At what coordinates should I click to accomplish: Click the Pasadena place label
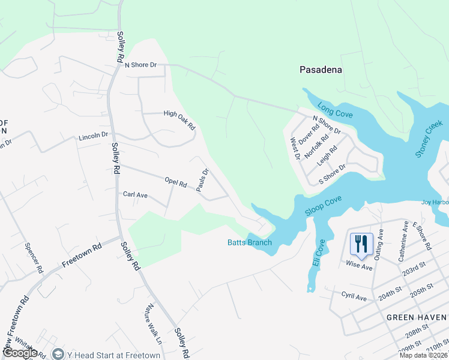click(321, 70)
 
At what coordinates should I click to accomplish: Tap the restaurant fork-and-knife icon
click(361, 244)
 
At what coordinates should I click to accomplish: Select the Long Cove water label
click(335, 110)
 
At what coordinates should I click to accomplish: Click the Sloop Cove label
click(322, 204)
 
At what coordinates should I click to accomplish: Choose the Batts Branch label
click(249, 242)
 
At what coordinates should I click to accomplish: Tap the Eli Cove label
click(318, 253)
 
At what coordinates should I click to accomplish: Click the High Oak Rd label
click(179, 119)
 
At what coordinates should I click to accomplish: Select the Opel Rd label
click(176, 182)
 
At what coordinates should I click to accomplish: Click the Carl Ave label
click(135, 194)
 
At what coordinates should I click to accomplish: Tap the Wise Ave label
click(359, 265)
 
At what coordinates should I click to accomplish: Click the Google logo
click(20, 353)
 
